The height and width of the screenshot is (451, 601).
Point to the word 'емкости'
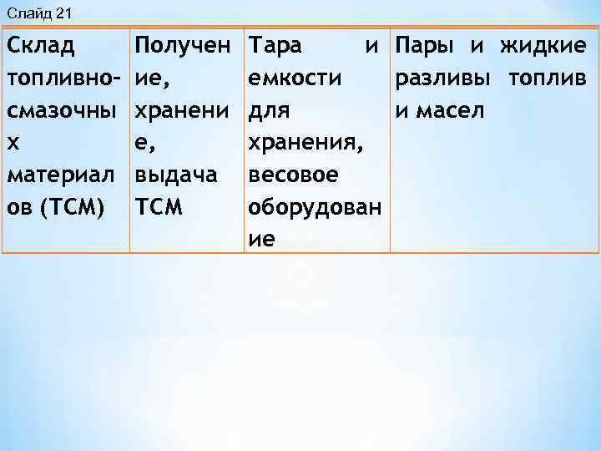point(295,78)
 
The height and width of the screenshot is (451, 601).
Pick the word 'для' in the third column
point(269,110)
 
